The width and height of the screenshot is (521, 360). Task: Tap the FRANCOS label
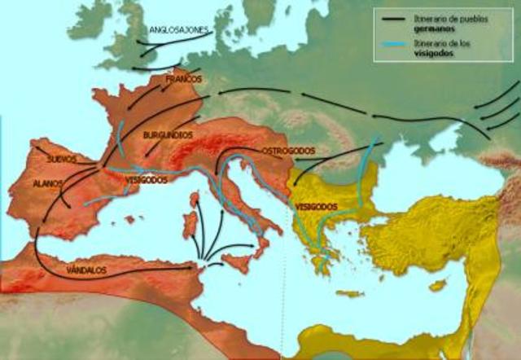183,80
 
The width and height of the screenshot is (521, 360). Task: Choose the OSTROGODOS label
288,151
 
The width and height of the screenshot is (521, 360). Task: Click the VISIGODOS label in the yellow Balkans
316,207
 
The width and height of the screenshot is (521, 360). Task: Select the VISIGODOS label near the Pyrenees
147,180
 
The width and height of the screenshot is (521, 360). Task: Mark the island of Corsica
195,199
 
